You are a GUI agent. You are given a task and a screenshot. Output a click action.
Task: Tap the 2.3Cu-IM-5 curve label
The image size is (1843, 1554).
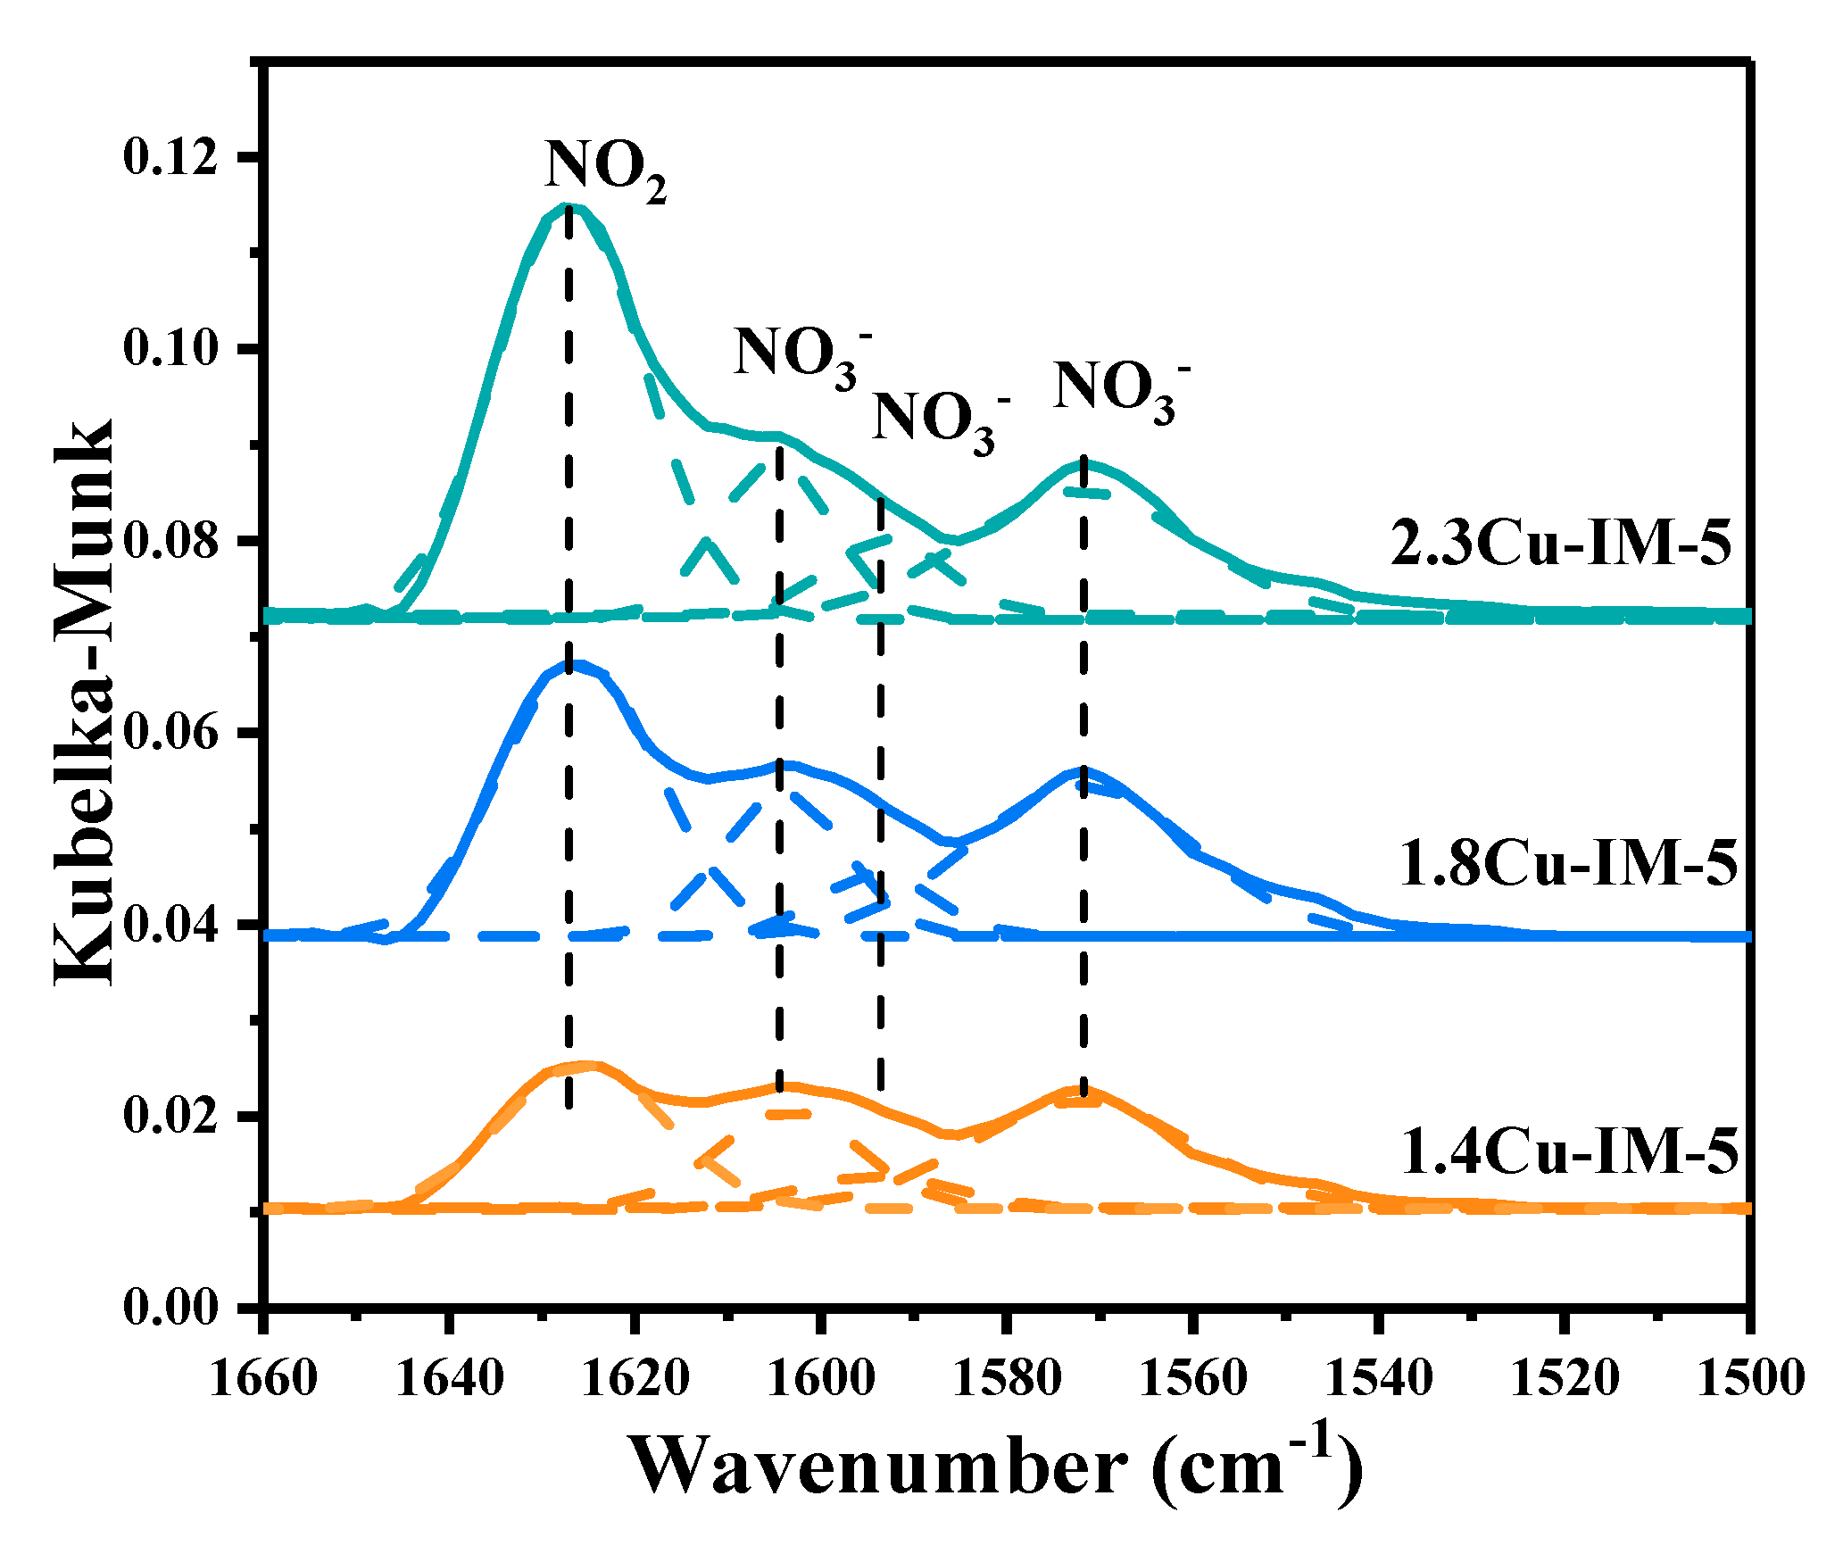pos(1560,543)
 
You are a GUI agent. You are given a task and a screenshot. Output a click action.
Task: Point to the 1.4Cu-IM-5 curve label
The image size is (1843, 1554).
pos(1570,1151)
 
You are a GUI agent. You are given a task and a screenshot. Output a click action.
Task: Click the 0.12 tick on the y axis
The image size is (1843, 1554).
pos(170,157)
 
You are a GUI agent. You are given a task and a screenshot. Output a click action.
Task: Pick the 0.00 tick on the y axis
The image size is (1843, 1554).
pos(170,1308)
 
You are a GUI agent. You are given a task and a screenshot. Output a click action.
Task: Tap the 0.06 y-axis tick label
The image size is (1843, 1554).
pos(170,733)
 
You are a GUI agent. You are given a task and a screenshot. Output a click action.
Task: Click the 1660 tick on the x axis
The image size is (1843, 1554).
pos(263,1378)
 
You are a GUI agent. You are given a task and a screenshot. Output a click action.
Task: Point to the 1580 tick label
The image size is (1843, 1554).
pos(1007,1378)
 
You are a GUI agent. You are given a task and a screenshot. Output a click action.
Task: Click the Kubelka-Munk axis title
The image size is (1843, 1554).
pos(85,701)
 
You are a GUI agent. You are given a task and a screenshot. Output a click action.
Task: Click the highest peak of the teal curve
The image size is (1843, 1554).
pos(569,206)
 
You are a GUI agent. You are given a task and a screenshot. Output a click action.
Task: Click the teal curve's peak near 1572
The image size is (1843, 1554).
pos(1083,461)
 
